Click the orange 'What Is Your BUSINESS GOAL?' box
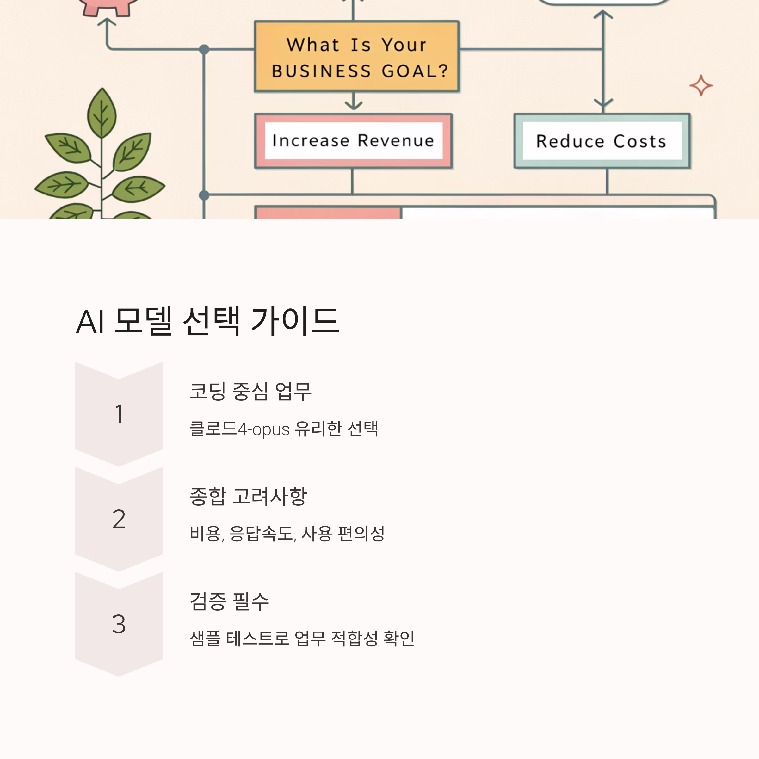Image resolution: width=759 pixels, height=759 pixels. click(x=357, y=56)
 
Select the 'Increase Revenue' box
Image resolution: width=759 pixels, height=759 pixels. click(x=354, y=141)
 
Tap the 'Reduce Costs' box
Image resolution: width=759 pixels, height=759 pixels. click(x=602, y=141)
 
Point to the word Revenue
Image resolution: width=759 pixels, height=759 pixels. click(x=396, y=141)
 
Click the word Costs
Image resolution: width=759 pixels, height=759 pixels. click(x=640, y=141)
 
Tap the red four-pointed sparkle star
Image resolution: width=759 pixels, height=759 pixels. click(x=701, y=86)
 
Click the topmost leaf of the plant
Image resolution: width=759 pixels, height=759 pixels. click(x=102, y=113)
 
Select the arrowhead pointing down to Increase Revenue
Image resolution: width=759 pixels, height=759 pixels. click(x=354, y=105)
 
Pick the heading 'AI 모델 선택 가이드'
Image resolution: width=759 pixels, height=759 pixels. click(x=207, y=321)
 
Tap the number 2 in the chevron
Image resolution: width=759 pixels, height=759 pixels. click(x=119, y=519)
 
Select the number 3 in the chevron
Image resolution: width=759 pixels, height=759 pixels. click(x=119, y=624)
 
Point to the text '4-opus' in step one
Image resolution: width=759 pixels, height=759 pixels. click(x=263, y=429)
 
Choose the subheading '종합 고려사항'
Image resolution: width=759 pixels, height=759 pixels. click(x=248, y=496)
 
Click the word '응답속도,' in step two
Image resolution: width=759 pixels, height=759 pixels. click(x=262, y=534)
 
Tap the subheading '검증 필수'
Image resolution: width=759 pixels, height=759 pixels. click(x=229, y=602)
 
